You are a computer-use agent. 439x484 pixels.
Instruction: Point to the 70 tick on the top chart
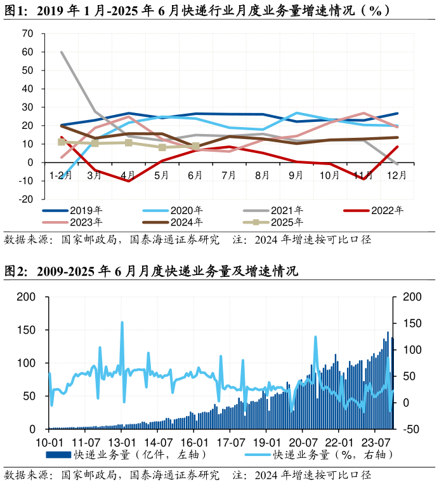click(x=27, y=34)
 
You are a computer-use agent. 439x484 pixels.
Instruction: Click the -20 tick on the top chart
click(x=26, y=199)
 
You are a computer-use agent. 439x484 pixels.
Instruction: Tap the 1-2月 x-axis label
click(x=61, y=174)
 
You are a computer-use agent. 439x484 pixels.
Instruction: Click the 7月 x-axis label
click(x=228, y=174)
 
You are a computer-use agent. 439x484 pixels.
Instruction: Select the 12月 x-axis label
click(x=396, y=174)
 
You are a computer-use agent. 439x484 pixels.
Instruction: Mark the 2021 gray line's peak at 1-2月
click(x=62, y=52)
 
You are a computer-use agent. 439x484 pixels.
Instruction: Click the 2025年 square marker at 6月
click(x=195, y=146)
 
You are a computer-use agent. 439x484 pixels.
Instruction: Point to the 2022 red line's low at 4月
click(x=129, y=181)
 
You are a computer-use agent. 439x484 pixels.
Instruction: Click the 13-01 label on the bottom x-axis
click(x=122, y=442)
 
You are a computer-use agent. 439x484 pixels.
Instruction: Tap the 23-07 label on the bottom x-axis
click(x=375, y=442)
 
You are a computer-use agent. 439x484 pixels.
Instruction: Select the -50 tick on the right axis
click(x=412, y=429)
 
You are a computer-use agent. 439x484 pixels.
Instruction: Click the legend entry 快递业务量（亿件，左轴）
click(x=126, y=455)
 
